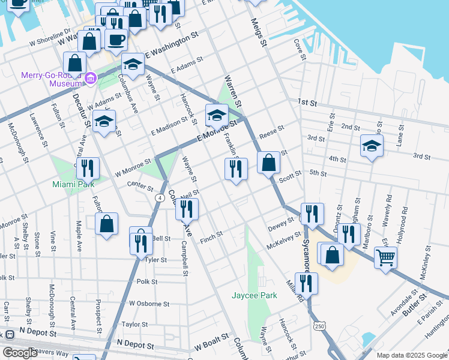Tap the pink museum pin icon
click(x=91, y=77)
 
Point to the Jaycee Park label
click(x=255, y=295)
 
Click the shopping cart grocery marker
click(x=385, y=258)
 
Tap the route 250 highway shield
click(x=319, y=325)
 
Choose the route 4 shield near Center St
click(x=160, y=197)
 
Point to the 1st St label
click(x=308, y=103)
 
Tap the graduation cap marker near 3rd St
click(x=372, y=146)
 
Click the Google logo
click(x=20, y=353)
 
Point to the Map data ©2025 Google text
click(x=411, y=355)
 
